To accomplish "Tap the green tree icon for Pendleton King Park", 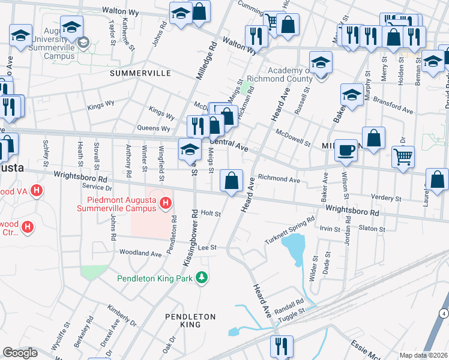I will (203, 277).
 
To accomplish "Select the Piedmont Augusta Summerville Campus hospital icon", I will (165, 204).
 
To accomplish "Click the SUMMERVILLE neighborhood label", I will (140, 73).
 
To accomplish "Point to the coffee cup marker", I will (346, 150).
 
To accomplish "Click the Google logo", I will (19, 353).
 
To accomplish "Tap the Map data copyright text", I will (423, 355).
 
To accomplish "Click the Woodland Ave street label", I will (140, 254).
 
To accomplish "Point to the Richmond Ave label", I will (279, 179).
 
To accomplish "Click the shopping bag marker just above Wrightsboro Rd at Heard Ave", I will (232, 180).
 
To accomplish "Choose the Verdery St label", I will (386, 197).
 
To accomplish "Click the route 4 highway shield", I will (442, 314).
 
